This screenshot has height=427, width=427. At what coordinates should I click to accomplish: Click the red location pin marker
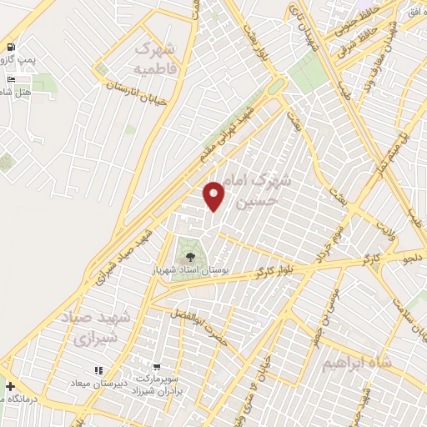pyautogui.click(x=215, y=196)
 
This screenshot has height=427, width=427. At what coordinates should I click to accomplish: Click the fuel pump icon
pyautogui.click(x=11, y=48)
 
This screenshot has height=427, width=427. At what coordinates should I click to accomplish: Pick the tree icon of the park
pyautogui.click(x=189, y=257)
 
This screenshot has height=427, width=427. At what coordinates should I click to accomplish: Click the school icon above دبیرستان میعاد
pyautogui.click(x=98, y=369)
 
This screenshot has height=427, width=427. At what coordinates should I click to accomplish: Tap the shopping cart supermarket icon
pyautogui.click(x=157, y=367)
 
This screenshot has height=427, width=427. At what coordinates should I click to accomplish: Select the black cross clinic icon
pyautogui.click(x=9, y=386)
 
